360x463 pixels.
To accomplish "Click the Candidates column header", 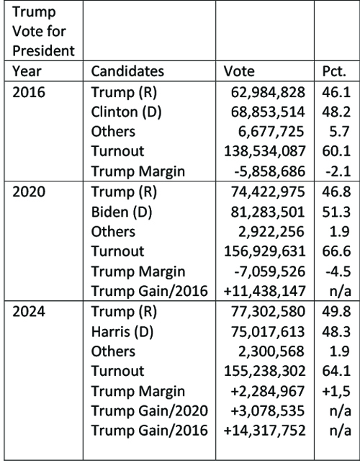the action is (x=127, y=71).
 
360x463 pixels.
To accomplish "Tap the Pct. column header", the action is (x=334, y=71).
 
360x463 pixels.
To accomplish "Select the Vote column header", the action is (x=238, y=71).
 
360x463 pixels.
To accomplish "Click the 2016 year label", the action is (x=29, y=92).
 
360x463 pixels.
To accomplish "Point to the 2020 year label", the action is (x=29, y=192).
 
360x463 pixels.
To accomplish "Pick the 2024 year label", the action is (x=29, y=312).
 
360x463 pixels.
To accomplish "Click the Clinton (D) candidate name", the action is (x=127, y=112).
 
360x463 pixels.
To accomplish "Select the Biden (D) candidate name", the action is (x=122, y=212).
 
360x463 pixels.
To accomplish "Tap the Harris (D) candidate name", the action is (x=122, y=332).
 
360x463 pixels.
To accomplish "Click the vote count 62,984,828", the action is (x=268, y=92).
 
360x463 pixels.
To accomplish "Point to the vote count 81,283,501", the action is (x=268, y=212).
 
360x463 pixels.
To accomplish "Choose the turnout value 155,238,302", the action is (x=265, y=371).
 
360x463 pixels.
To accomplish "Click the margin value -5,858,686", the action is (x=269, y=171).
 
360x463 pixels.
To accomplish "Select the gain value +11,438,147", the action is (x=265, y=291).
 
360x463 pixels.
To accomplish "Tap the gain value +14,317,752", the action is (x=265, y=430).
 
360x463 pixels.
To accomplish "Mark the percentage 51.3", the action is (x=336, y=212).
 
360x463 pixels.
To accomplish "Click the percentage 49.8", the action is (x=336, y=312).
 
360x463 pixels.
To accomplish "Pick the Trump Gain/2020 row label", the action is (x=150, y=410).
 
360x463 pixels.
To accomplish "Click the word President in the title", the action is (x=43, y=50).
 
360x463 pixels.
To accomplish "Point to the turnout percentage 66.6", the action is (x=336, y=251).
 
